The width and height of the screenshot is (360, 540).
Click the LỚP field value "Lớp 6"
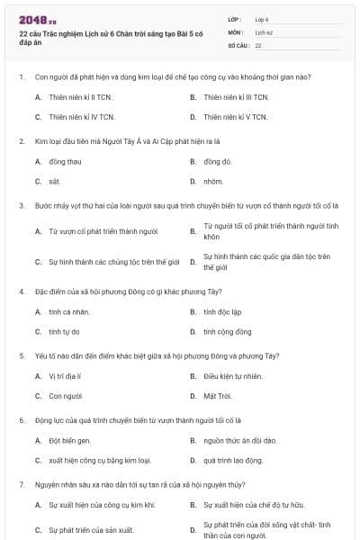click(x=263, y=18)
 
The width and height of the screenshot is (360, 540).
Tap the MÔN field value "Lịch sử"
click(x=264, y=31)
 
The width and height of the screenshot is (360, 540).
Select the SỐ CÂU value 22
click(x=258, y=44)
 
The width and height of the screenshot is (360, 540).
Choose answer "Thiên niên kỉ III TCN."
click(x=235, y=96)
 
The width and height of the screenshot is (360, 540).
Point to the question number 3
click(x=21, y=205)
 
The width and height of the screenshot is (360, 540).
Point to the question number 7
click(x=21, y=484)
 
